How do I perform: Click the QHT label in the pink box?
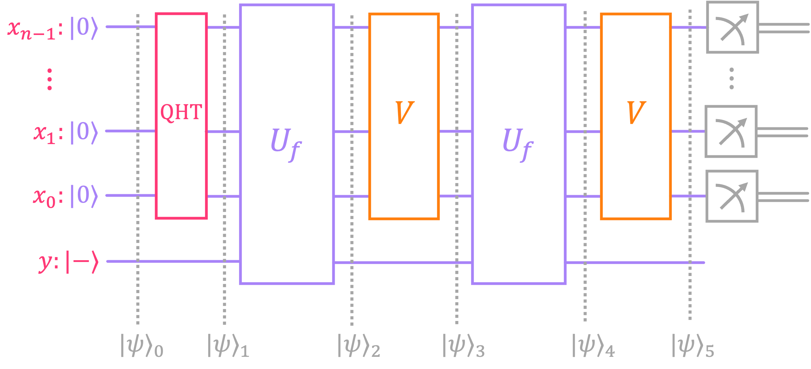click(181, 112)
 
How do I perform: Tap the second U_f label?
click(518, 144)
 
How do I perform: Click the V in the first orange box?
click(404, 113)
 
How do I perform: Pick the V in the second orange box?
click(636, 113)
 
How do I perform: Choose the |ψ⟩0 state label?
click(142, 346)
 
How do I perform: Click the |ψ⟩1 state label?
click(228, 346)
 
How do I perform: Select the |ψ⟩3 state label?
click(463, 346)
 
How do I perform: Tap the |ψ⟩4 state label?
click(593, 346)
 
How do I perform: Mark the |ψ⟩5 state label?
click(693, 346)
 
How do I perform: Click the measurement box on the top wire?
click(732, 27)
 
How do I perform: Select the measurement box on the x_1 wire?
click(731, 132)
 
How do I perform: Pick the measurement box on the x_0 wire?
click(732, 196)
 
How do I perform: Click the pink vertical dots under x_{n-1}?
click(50, 80)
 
